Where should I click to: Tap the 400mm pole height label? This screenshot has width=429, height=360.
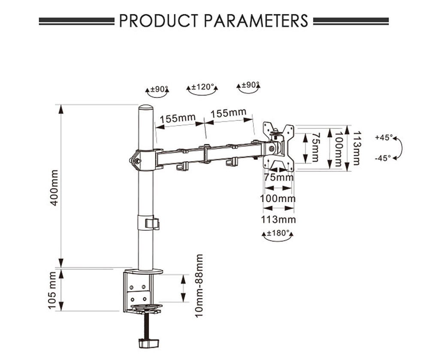(54, 187)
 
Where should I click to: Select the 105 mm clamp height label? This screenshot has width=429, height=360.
(53, 290)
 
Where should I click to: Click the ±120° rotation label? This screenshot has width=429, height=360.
(202, 87)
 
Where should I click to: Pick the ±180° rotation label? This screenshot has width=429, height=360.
(278, 234)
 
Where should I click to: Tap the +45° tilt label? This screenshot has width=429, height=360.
(383, 138)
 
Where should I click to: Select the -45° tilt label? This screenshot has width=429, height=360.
(383, 158)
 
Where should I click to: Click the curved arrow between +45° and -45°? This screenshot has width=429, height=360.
(400, 148)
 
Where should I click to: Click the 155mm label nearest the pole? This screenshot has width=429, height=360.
(178, 118)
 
